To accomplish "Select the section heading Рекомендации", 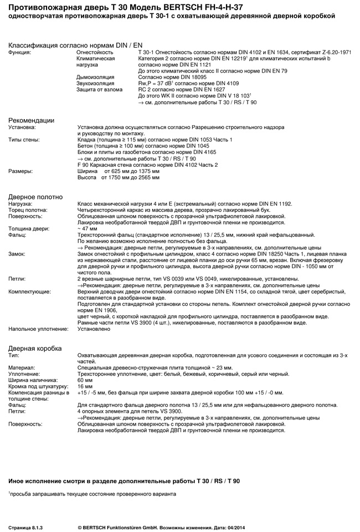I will coord(31,120).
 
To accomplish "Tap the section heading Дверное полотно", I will coord(35,197).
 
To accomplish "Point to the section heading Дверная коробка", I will coord(35,348).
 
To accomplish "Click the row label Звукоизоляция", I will coord(94,83).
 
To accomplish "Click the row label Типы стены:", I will coord(24,140).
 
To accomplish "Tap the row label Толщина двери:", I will coord(28,228).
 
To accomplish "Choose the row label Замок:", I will coord(17,253).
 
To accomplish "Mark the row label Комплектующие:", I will coord(30,290).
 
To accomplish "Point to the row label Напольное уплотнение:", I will coord(39,329).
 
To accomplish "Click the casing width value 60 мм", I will coord(85,380).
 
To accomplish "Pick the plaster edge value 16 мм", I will coord(85,386).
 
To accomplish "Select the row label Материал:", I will coord(22,367).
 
